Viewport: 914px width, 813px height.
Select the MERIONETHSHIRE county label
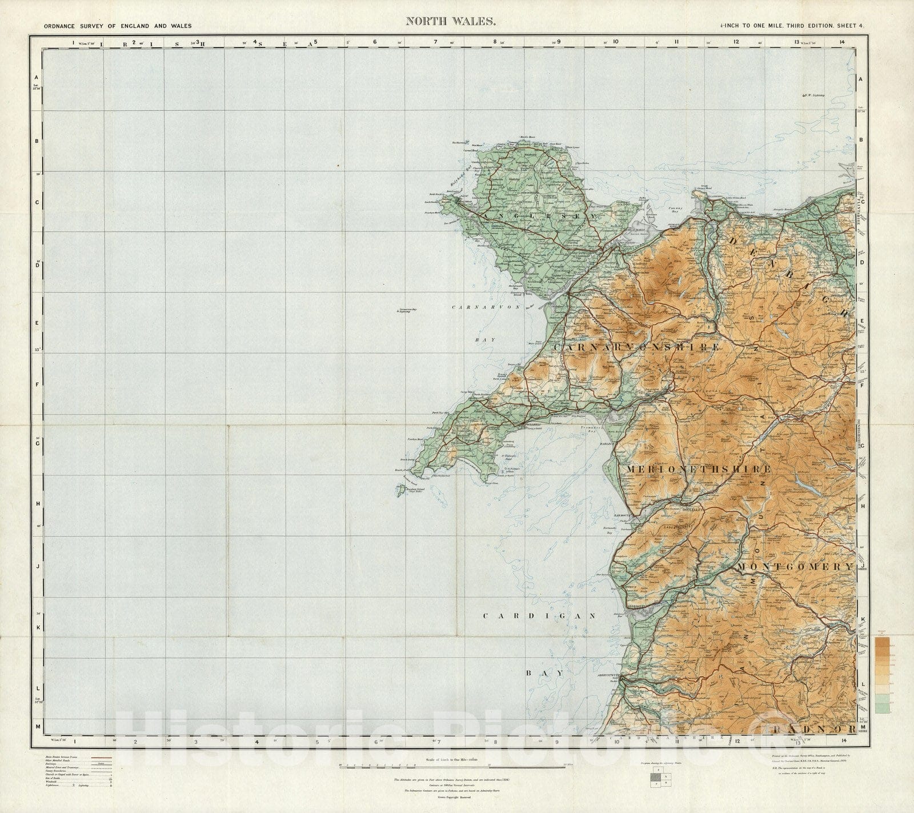point(698,469)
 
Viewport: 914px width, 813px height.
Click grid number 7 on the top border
point(435,42)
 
